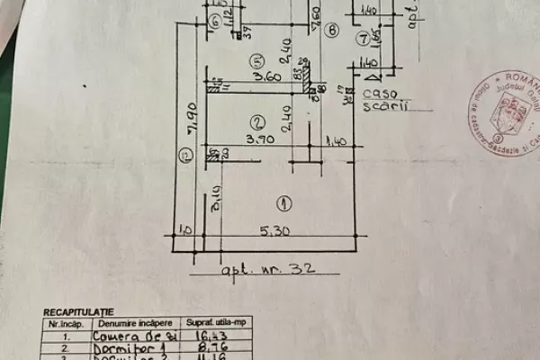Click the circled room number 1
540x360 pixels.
point(283,201)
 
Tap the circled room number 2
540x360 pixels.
point(256,122)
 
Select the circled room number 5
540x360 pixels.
point(256,61)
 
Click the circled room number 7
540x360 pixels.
point(362,39)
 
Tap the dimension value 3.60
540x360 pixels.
point(267,76)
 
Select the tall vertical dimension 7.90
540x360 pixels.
point(190,117)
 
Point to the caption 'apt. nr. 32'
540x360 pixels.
point(265,268)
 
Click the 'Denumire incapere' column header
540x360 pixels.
point(131,322)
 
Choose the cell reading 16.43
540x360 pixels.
point(210,335)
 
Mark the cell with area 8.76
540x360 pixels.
point(210,346)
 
